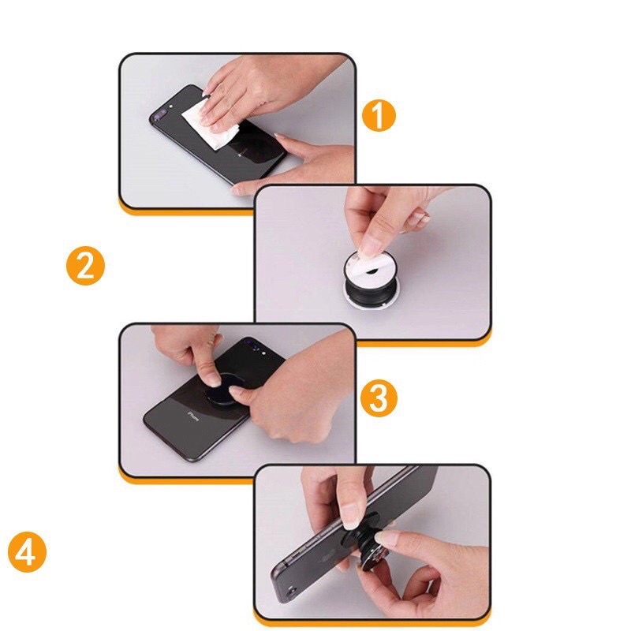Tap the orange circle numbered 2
(85, 265)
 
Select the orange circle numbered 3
(379, 399)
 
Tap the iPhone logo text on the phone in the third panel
(191, 413)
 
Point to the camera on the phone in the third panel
(252, 345)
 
